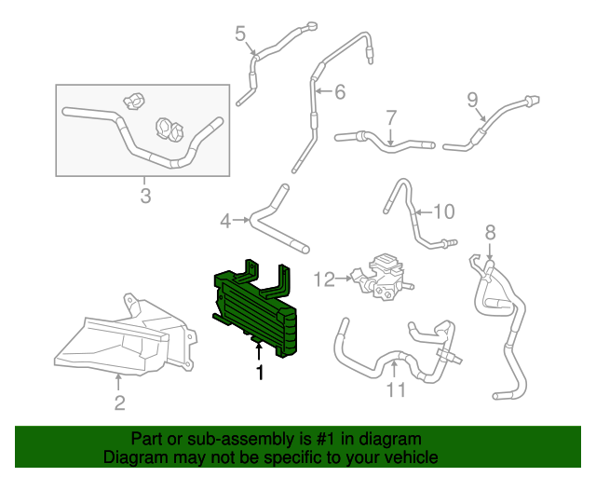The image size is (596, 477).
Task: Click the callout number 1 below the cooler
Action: click(260, 373)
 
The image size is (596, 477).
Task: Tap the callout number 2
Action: click(119, 402)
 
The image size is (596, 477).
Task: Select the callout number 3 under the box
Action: click(145, 196)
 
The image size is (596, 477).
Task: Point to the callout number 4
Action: click(225, 221)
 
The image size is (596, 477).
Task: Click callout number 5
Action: click(240, 35)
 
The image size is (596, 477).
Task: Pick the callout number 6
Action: click(339, 91)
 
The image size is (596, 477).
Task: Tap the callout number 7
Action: click(391, 118)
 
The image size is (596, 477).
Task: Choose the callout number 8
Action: click(490, 233)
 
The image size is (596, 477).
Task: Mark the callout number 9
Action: click(472, 100)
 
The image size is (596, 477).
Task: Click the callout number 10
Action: click(443, 211)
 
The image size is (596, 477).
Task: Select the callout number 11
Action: click(397, 390)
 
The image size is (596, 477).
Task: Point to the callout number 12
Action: click(323, 278)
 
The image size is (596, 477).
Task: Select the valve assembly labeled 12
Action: click(383, 278)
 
